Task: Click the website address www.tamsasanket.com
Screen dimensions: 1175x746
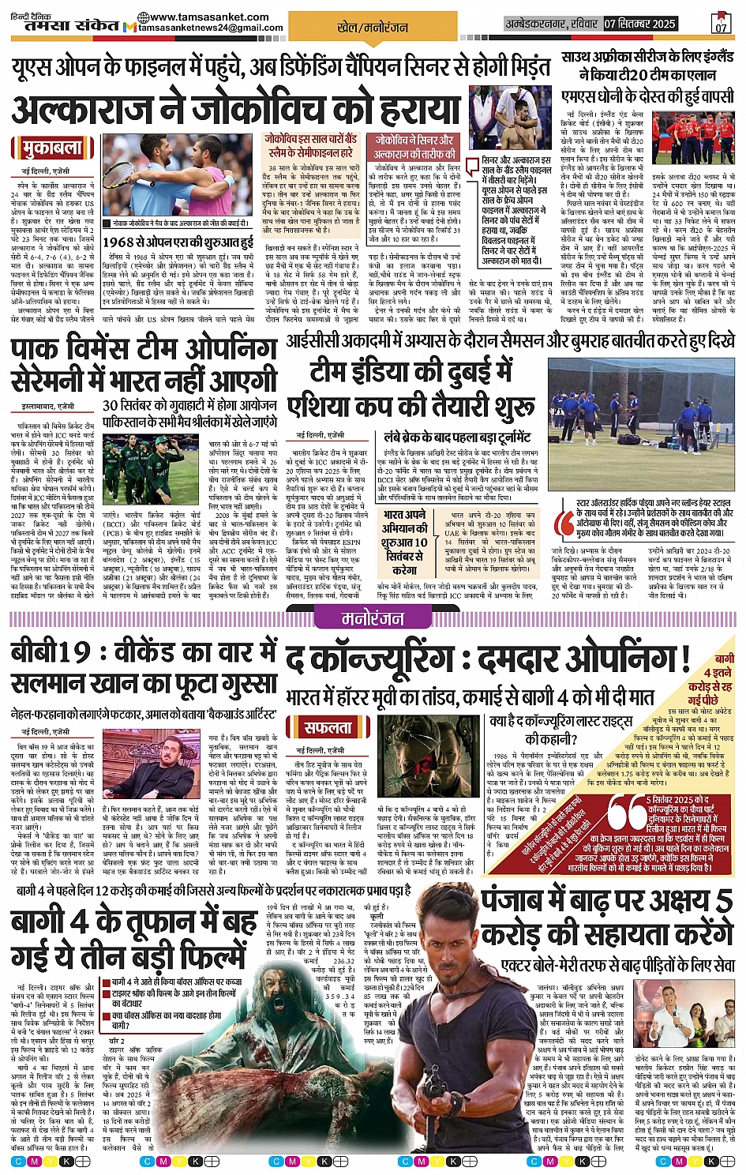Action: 203,17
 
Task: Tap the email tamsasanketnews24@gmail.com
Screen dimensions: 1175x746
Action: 210,28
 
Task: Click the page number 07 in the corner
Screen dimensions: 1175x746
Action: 721,26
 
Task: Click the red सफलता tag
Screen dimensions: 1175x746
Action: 328,726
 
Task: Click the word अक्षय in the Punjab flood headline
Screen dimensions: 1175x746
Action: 679,901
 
